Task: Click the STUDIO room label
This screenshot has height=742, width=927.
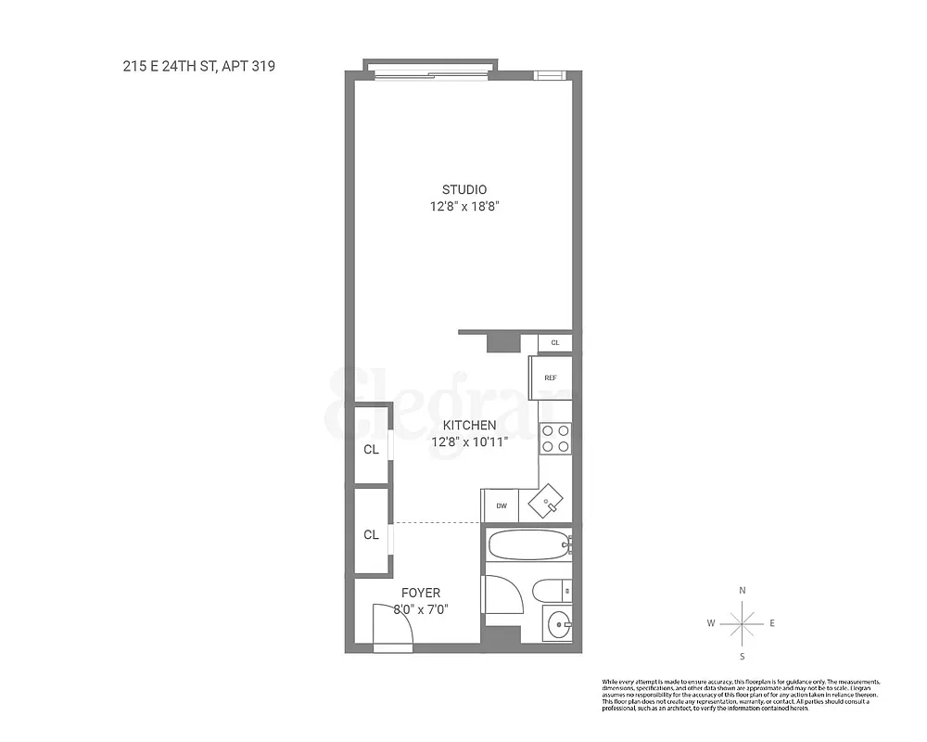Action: (x=463, y=190)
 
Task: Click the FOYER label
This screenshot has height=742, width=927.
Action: (x=420, y=593)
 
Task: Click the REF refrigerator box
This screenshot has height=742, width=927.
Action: (x=550, y=377)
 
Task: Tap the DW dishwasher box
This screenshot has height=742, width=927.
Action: (x=501, y=505)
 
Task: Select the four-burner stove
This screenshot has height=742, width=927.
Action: (x=554, y=438)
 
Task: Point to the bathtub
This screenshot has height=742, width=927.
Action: (x=527, y=544)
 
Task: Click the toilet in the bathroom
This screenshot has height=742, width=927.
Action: (x=550, y=589)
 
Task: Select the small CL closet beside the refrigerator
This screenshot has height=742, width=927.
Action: (x=555, y=343)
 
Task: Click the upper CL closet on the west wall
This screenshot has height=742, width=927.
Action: (x=371, y=450)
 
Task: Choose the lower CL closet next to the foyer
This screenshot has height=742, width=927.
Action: (x=371, y=534)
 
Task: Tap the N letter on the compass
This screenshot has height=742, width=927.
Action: (x=742, y=591)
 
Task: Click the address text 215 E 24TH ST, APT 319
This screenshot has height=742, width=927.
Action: (x=198, y=66)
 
